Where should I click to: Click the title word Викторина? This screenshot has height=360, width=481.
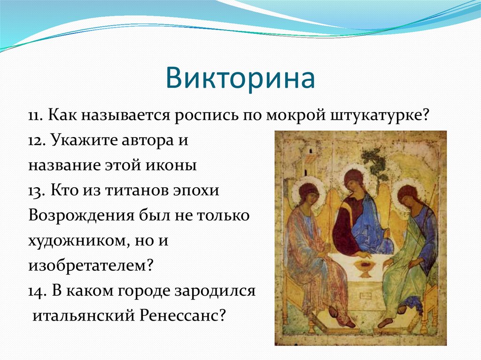click(x=240, y=78)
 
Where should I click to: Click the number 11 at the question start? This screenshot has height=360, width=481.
click(x=36, y=115)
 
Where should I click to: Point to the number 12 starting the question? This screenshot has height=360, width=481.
click(x=36, y=141)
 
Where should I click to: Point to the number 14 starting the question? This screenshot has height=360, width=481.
click(x=37, y=291)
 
